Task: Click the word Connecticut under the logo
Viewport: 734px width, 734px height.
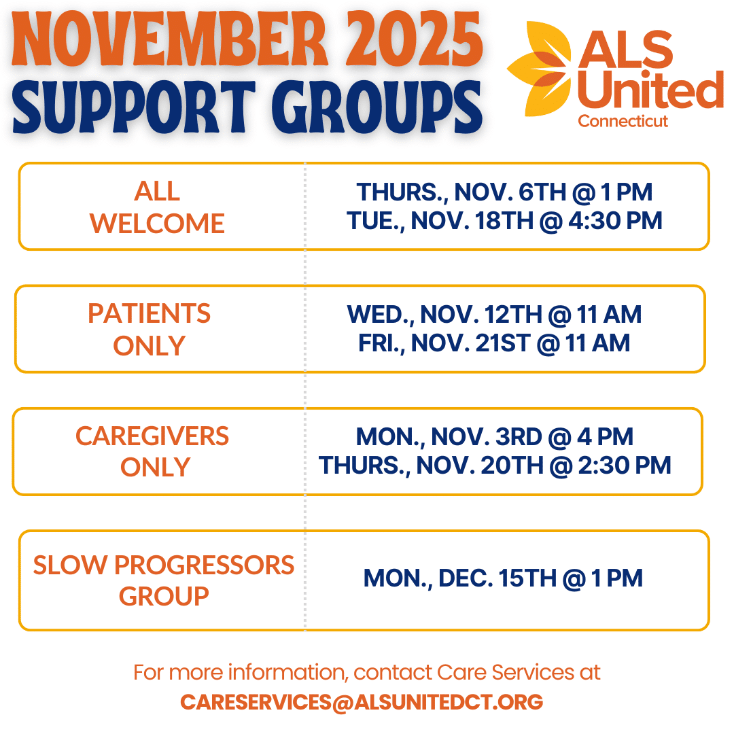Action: tap(623, 122)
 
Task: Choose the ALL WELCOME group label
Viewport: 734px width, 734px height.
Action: tap(158, 207)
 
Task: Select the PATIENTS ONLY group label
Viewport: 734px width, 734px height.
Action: tap(150, 330)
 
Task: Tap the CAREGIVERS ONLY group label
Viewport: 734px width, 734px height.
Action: tap(153, 451)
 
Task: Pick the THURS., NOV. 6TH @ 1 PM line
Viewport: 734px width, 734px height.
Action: tap(504, 192)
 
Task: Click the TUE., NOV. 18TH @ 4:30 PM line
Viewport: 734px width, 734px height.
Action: tap(504, 221)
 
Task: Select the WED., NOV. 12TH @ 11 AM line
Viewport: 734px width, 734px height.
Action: tap(494, 314)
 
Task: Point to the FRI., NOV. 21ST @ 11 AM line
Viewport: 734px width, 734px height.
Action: tap(494, 343)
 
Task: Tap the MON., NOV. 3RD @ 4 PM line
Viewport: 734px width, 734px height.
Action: tap(495, 436)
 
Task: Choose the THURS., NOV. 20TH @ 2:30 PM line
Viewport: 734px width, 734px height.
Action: tap(495, 466)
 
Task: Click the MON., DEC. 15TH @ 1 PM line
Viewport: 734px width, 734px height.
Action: tap(503, 578)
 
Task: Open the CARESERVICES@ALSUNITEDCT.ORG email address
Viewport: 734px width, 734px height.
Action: tap(362, 702)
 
